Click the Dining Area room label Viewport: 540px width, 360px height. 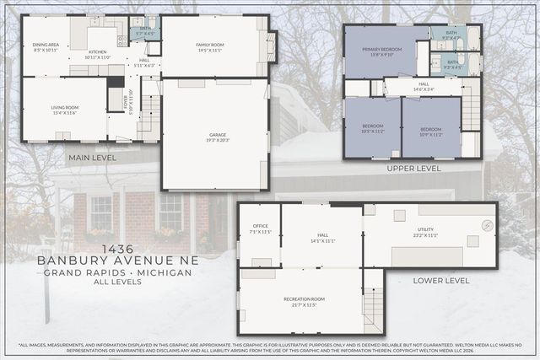46,46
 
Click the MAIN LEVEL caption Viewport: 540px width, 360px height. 93,157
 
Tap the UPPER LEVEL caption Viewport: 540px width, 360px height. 413,169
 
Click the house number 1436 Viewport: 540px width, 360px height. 117,250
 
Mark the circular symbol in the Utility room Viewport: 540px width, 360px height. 487,225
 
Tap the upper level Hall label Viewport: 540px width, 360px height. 424,85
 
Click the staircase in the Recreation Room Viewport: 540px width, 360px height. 372,309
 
